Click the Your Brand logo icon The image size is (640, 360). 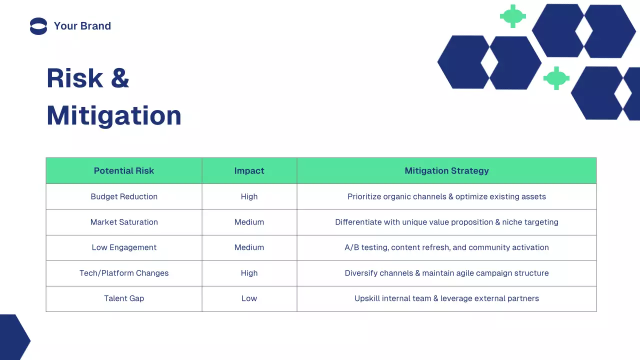pyautogui.click(x=38, y=26)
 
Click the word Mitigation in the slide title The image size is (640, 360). pyautogui.click(x=114, y=115)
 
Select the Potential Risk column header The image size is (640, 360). pyautogui.click(x=124, y=171)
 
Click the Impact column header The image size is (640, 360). pyautogui.click(x=249, y=171)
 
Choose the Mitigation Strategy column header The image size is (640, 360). pyautogui.click(x=446, y=171)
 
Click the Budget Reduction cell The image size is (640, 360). pyautogui.click(x=124, y=196)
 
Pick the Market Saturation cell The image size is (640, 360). pyautogui.click(x=124, y=222)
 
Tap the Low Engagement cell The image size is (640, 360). pyautogui.click(x=124, y=247)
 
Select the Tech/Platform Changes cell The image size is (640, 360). pyautogui.click(x=124, y=273)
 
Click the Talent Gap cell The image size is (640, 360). pyautogui.click(x=124, y=298)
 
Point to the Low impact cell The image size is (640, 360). pyautogui.click(x=249, y=298)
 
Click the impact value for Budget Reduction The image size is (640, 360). pyautogui.click(x=249, y=196)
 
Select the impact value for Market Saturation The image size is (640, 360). pyautogui.click(x=249, y=222)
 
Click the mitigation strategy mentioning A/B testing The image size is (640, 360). pyautogui.click(x=446, y=247)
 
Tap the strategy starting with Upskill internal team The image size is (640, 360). pyautogui.click(x=446, y=298)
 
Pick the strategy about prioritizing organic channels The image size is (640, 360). pyautogui.click(x=446, y=196)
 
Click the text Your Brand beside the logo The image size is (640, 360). pyautogui.click(x=82, y=26)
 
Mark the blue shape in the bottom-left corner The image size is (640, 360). pyautogui.click(x=12, y=337)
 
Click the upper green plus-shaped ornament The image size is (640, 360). pyautogui.click(x=512, y=16)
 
